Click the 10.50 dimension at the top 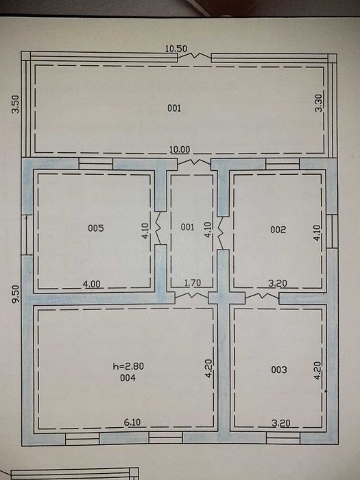point(176,49)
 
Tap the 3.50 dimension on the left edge point(15,104)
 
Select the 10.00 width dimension point(180,149)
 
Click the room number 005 point(96,228)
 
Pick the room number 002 point(278,230)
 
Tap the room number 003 point(279,370)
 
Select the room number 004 point(128,378)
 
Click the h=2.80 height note point(128,366)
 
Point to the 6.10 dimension point(132,422)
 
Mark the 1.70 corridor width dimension point(193,283)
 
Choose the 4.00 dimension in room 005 point(91,284)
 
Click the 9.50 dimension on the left point(15,294)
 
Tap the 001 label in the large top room point(174,108)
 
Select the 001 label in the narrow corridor point(187,227)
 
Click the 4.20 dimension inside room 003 point(317,370)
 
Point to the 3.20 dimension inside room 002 point(278,283)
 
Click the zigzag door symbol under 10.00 point(194,161)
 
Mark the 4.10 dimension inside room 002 point(317,232)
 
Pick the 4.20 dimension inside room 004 point(208,369)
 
